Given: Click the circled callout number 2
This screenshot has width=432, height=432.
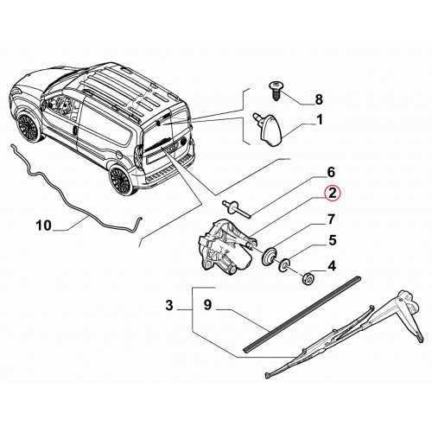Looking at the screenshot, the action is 332,194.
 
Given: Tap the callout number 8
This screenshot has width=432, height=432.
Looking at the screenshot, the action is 319,100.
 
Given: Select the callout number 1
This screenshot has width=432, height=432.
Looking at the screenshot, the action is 320,120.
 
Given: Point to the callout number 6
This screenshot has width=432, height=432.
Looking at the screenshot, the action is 331,172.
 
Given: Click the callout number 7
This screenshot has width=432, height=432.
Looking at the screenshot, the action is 332,219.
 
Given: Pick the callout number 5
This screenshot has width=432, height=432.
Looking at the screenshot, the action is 333,240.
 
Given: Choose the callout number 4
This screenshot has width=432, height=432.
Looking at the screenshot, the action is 332,266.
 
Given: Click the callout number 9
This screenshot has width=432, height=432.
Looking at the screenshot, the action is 207,305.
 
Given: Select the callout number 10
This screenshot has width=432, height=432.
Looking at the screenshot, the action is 44,226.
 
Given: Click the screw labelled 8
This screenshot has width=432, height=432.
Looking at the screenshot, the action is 275,91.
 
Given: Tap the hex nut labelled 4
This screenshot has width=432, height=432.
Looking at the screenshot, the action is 308,278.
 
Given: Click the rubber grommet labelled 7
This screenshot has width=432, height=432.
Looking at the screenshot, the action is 270,257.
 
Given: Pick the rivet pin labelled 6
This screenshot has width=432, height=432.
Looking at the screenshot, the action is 237,209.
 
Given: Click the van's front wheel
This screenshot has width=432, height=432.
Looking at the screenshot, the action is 28,127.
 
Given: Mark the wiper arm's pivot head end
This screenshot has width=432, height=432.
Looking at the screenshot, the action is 409,301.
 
